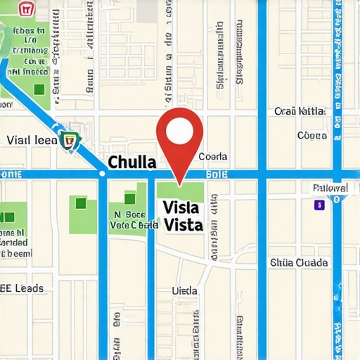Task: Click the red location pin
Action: click(x=179, y=141)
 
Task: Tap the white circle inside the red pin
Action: click(x=179, y=129)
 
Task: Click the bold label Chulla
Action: click(x=131, y=162)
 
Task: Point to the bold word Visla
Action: click(x=181, y=208)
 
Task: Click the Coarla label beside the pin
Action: click(x=213, y=157)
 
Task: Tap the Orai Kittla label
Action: click(x=300, y=111)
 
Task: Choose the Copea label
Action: click(x=311, y=135)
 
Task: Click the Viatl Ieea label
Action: click(x=31, y=140)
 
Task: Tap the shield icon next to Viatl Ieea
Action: click(x=69, y=140)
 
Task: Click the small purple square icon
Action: click(x=319, y=205)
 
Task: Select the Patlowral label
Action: click(x=329, y=188)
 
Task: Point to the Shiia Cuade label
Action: click(x=299, y=262)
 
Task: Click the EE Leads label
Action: click(x=22, y=288)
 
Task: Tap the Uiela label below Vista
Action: click(x=185, y=290)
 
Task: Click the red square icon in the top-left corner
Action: click(x=26, y=10)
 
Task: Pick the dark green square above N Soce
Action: click(x=130, y=198)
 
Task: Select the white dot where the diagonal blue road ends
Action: click(x=102, y=173)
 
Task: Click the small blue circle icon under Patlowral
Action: click(x=336, y=199)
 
